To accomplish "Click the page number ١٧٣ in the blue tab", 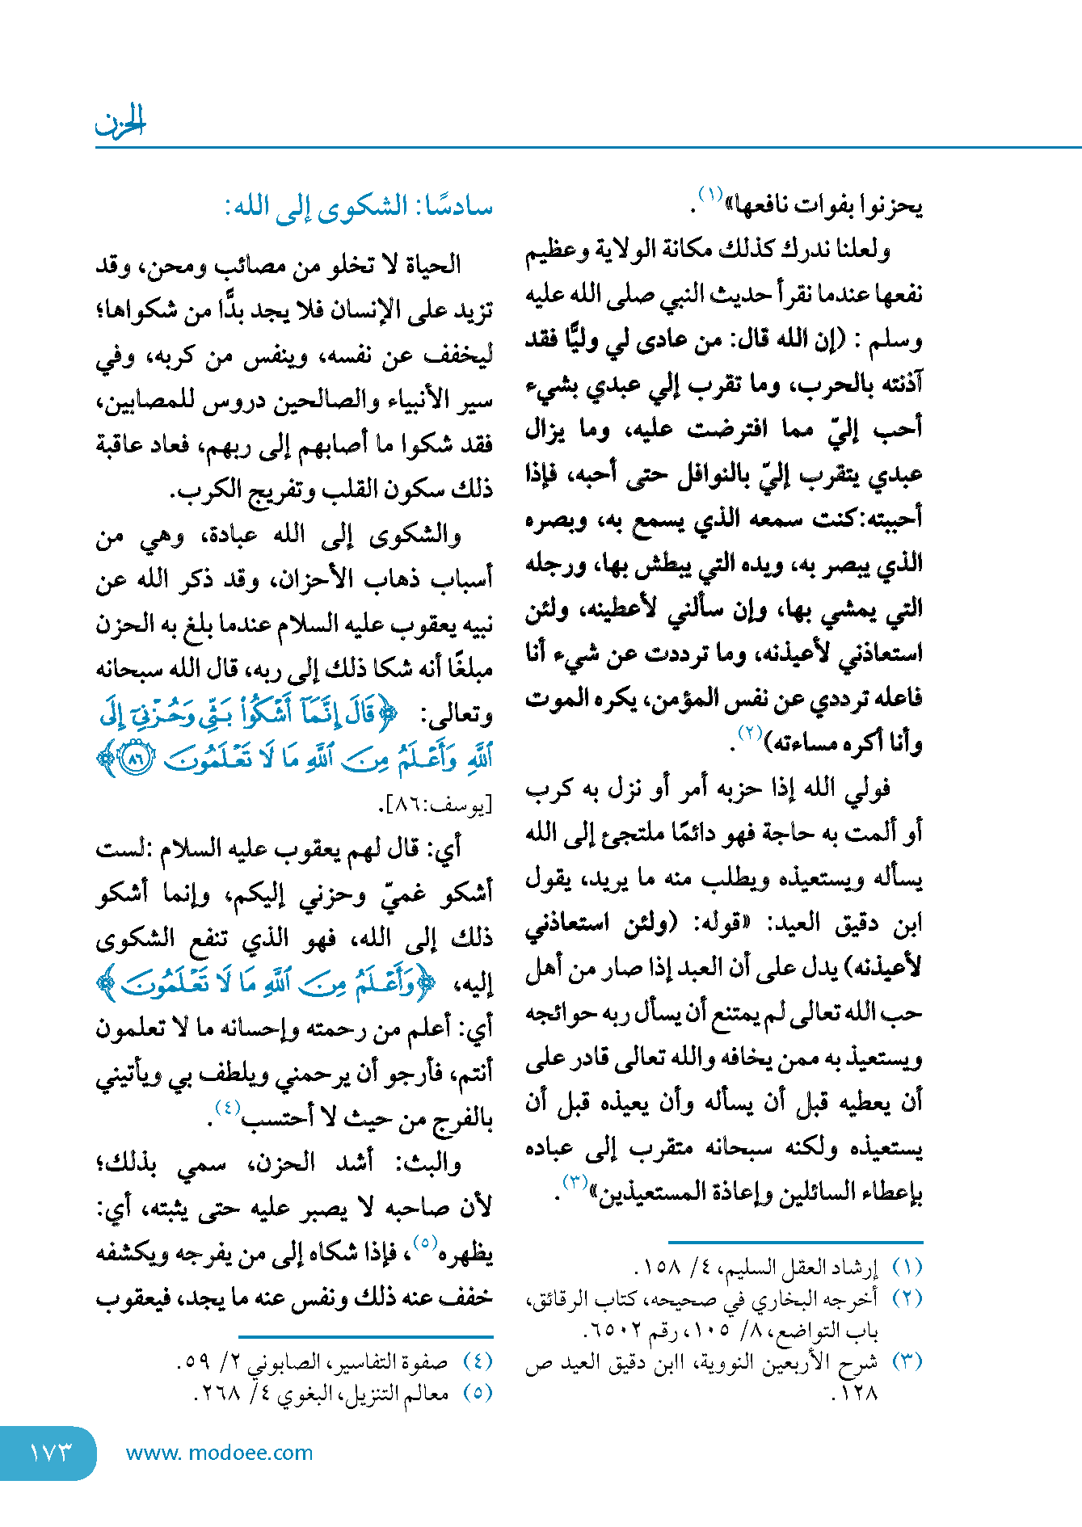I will [50, 1452].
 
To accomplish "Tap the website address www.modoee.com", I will [219, 1453].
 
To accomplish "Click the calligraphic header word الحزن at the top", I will [120, 123].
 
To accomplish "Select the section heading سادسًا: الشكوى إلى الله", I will [359, 207].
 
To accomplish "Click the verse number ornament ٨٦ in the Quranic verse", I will [135, 759].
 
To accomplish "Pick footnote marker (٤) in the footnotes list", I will [478, 1361].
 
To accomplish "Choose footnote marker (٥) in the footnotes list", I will [478, 1393].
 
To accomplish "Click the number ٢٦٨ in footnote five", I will [217, 1393].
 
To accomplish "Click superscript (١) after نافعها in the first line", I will [710, 195].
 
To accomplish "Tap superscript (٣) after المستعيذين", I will [575, 1181].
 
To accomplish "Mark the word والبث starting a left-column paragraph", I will [436, 1163].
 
